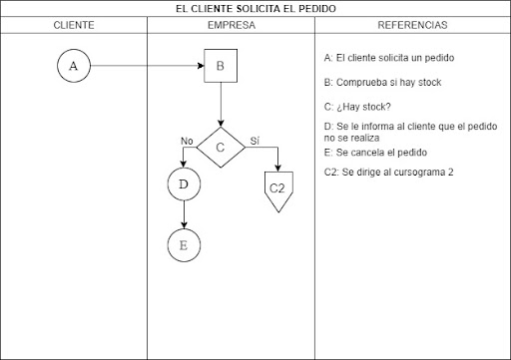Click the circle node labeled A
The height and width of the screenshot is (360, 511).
[x=73, y=67]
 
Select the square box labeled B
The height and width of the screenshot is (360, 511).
[x=221, y=67]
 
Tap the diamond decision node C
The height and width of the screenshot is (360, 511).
[x=221, y=148]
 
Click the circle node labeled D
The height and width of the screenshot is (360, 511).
[x=184, y=184]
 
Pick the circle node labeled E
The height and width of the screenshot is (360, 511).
[x=184, y=244]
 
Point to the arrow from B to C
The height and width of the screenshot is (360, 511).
[x=221, y=106]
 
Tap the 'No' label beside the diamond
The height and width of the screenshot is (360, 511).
[x=187, y=141]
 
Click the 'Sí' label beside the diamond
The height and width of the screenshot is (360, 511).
[x=255, y=141]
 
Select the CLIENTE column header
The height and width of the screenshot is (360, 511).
[x=74, y=24]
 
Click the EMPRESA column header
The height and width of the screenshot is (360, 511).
[x=231, y=24]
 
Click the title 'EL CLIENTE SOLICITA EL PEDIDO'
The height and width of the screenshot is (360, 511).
[x=255, y=9]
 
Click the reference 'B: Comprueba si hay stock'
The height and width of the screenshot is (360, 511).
[x=383, y=83]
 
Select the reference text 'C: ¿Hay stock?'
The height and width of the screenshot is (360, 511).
[x=357, y=107]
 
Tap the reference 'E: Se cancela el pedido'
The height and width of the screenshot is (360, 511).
[x=376, y=153]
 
